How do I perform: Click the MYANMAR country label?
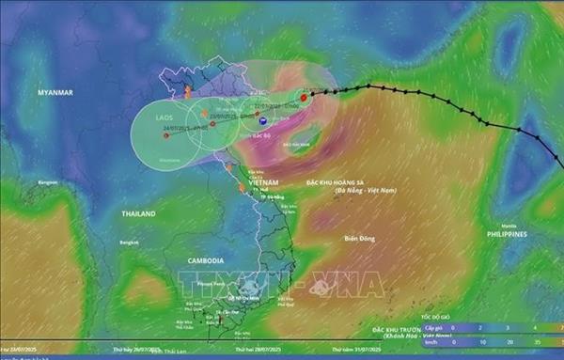pos(55,94)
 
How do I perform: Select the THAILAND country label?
pos(138,213)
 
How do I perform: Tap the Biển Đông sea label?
pos(360,238)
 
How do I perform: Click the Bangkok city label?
pos(130,243)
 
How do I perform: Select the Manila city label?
pos(509,227)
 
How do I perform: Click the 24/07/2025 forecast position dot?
pos(166,135)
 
